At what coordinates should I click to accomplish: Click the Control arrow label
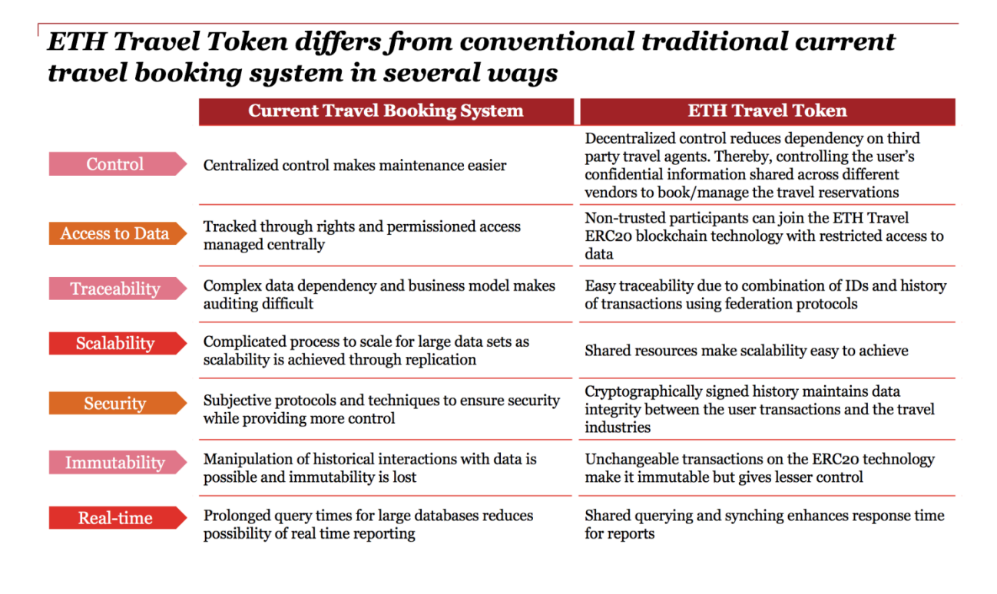point(118,164)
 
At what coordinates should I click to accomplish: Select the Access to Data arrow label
point(118,233)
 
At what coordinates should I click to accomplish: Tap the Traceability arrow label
point(118,289)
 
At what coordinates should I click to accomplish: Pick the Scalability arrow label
point(118,343)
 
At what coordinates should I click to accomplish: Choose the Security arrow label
point(118,403)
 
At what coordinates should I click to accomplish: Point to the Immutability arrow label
point(118,463)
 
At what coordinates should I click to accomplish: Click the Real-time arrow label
point(118,518)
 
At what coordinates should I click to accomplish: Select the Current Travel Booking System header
point(386,111)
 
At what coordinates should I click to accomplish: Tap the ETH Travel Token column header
point(767,111)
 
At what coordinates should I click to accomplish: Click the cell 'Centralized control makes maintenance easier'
point(355,166)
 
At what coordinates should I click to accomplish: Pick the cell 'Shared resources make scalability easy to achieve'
point(747,351)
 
